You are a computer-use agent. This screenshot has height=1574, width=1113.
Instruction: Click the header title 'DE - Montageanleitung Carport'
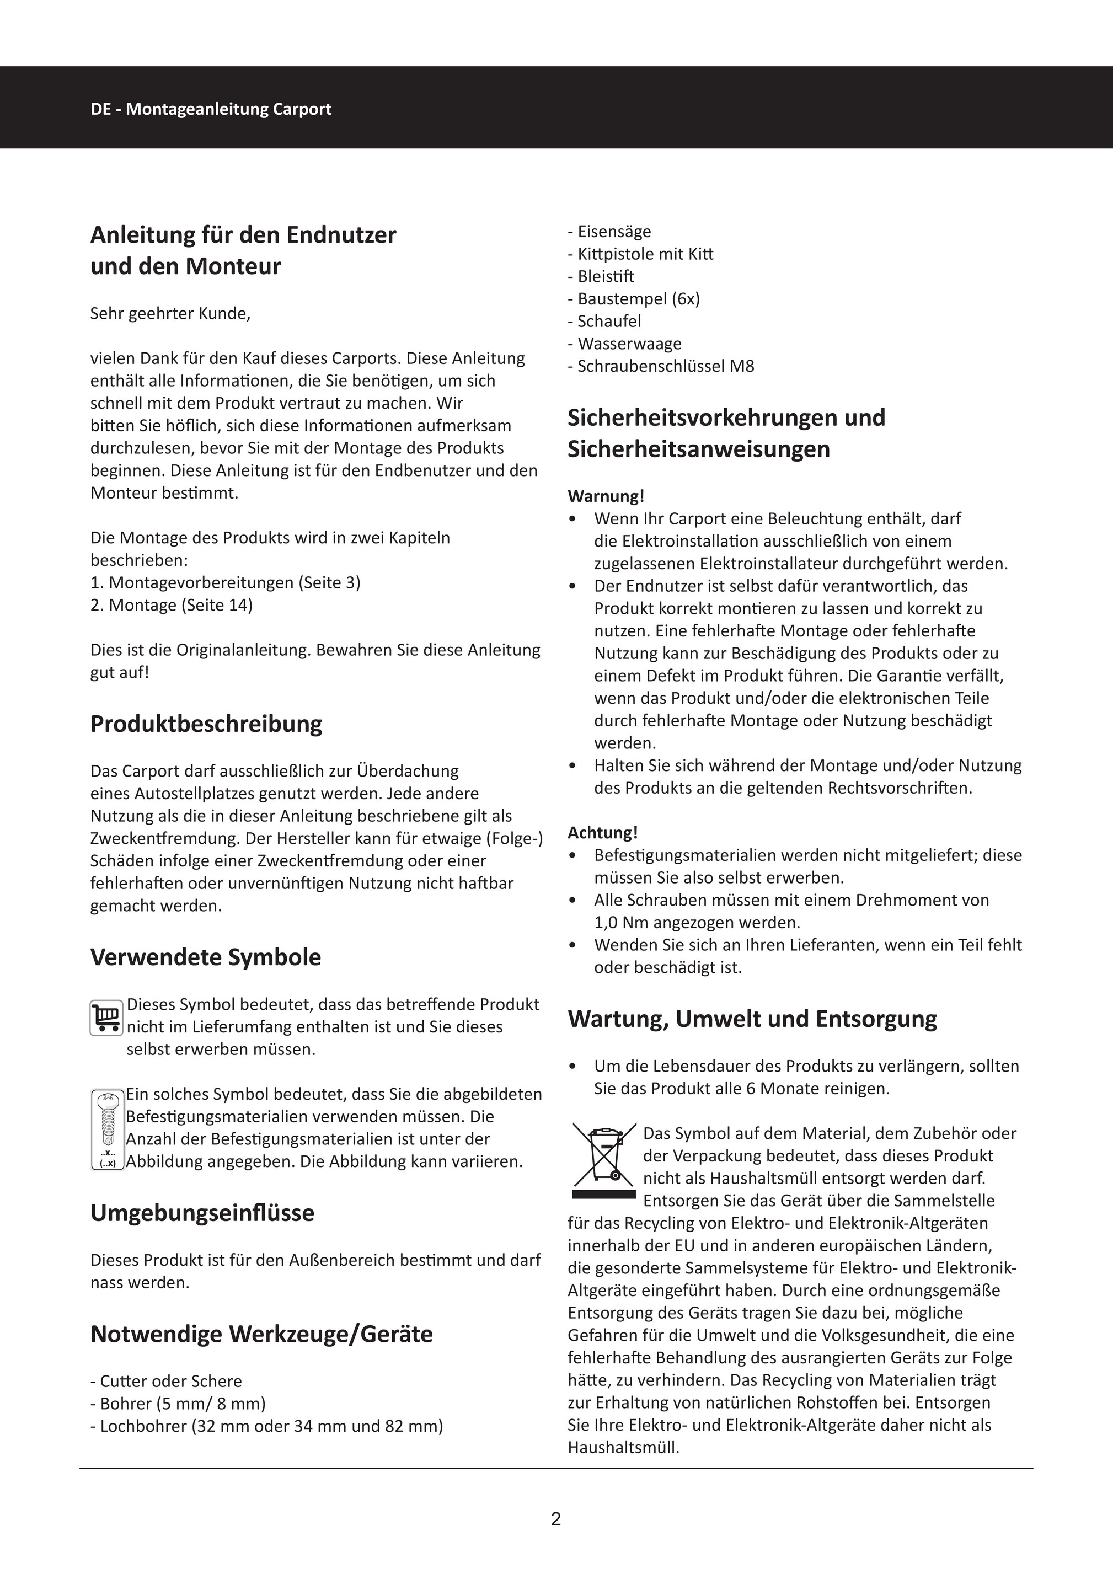(x=211, y=109)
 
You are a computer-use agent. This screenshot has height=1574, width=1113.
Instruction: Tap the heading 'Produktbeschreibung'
(x=206, y=724)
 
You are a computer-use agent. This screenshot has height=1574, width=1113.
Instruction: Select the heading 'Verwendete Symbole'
(x=205, y=957)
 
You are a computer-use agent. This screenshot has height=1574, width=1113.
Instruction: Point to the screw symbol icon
(x=107, y=1129)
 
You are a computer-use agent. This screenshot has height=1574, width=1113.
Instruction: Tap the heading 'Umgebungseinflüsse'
(x=202, y=1213)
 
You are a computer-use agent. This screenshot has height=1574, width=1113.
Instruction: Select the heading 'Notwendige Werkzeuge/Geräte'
(x=261, y=1334)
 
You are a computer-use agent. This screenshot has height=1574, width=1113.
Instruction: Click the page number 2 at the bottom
(x=556, y=1519)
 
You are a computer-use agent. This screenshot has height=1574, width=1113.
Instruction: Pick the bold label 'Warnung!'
(x=606, y=496)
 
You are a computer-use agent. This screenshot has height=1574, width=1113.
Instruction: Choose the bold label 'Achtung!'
(x=602, y=832)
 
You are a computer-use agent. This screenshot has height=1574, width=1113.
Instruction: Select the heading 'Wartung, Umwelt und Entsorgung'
(x=752, y=1019)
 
